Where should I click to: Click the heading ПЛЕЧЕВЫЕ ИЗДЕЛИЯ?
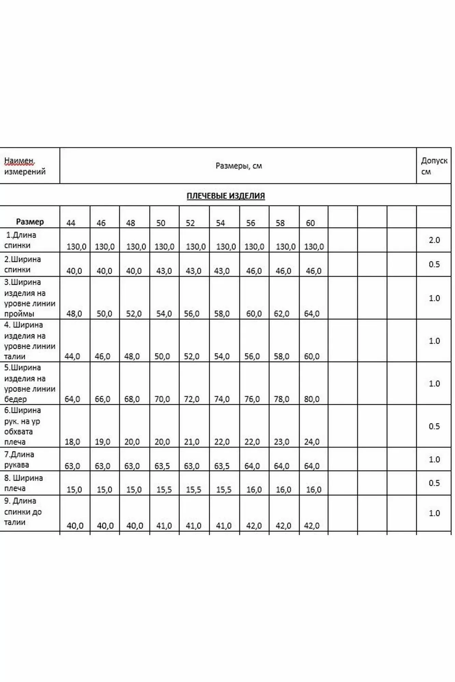tap(226, 196)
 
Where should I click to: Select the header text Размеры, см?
tap(239, 166)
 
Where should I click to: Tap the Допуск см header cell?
tap(434, 166)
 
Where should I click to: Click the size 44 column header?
tap(71, 223)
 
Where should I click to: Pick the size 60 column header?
tap(310, 223)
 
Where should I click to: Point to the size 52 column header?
tap(190, 223)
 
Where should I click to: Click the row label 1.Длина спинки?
tap(20, 240)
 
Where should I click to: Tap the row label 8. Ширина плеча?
tap(23, 483)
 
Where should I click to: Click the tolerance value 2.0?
tap(434, 240)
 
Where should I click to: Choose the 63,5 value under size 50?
tap(162, 466)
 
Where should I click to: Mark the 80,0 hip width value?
tap(312, 399)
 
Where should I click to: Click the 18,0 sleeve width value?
tap(72, 442)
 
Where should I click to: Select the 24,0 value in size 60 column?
tap(312, 442)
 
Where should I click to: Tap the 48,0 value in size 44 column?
tap(74, 314)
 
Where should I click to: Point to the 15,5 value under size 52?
tap(194, 490)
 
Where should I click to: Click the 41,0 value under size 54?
tap(224, 525)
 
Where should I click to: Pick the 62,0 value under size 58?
tap(282, 314)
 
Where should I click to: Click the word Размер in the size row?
tap(30, 222)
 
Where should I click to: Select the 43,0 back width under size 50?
tap(164, 271)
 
